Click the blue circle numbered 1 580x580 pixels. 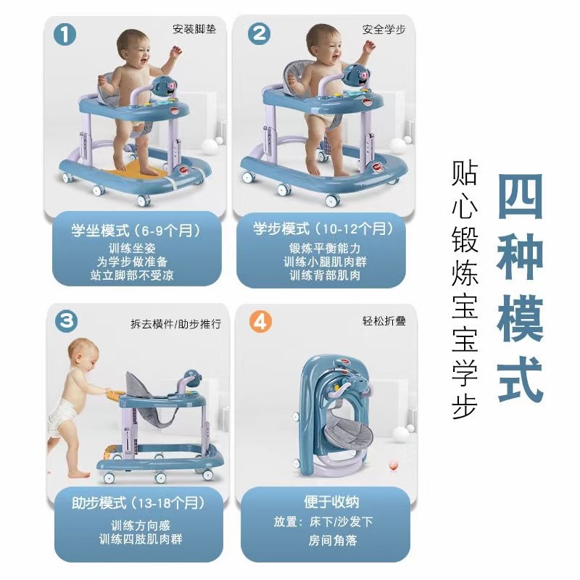pyautogui.click(x=65, y=35)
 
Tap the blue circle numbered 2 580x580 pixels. pyautogui.click(x=259, y=33)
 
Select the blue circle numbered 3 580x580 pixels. pyautogui.click(x=67, y=321)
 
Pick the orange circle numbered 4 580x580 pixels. pyautogui.click(x=260, y=321)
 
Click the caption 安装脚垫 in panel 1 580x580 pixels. pyautogui.click(x=194, y=29)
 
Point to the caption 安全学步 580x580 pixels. pyautogui.click(x=384, y=29)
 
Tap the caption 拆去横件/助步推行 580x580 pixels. pyautogui.click(x=176, y=324)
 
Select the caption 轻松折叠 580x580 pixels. pyautogui.click(x=384, y=320)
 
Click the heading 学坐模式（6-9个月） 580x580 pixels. pyautogui.click(x=136, y=231)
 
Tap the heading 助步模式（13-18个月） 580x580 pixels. pyautogui.click(x=138, y=503)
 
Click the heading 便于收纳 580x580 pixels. pyautogui.click(x=331, y=502)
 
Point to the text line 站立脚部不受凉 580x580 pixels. pyautogui.click(x=132, y=275)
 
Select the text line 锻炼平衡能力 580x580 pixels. pyautogui.click(x=325, y=248)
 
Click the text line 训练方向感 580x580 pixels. pyautogui.click(x=141, y=525)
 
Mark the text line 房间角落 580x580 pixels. pyautogui.click(x=333, y=540)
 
